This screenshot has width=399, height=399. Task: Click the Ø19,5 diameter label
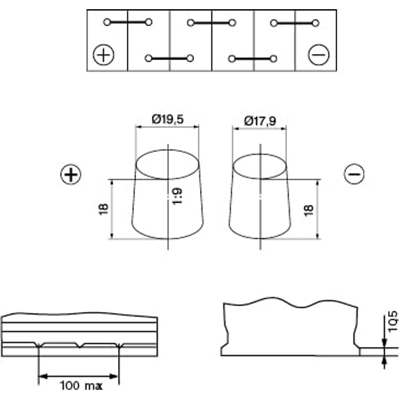pyautogui.click(x=168, y=119)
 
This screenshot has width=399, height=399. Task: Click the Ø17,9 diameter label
pyautogui.click(x=260, y=121)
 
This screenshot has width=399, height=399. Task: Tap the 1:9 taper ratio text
pyautogui.click(x=177, y=196)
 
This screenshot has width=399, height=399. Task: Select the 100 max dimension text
pyautogui.click(x=81, y=385)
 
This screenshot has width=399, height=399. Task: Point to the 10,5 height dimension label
pyautogui.click(x=392, y=321)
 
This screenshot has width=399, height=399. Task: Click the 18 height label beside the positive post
pyautogui.click(x=104, y=209)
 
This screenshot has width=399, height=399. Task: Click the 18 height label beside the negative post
pyautogui.click(x=308, y=210)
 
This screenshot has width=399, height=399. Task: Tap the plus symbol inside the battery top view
pyautogui.click(x=104, y=55)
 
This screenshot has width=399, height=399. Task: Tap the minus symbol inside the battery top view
pyautogui.click(x=319, y=55)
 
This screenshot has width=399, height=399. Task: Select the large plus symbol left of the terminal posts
pyautogui.click(x=70, y=175)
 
